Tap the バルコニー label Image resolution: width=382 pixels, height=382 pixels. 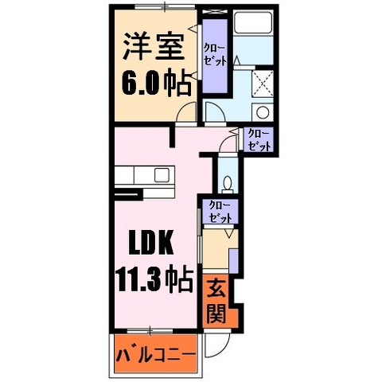(155, 352)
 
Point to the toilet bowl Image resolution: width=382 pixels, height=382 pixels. (228, 185)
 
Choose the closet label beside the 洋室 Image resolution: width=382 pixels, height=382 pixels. (213, 55)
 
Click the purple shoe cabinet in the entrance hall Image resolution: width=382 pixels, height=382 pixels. (234, 259)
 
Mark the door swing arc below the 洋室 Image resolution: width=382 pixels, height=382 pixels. (185, 114)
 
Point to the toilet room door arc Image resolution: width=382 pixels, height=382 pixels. (227, 144)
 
